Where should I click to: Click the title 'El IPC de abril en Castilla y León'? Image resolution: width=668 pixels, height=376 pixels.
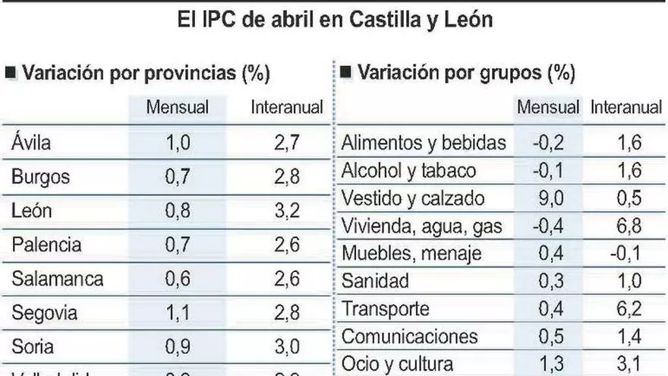click(x=334, y=19)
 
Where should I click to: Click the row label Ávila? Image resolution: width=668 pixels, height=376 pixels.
click(x=32, y=142)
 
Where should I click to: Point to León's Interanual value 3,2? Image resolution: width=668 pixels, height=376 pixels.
click(x=287, y=211)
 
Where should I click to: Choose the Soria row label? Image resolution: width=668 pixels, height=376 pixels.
click(x=33, y=347)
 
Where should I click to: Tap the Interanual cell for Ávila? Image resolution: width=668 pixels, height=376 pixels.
click(x=287, y=142)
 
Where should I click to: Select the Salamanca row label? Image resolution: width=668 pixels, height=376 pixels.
click(x=58, y=279)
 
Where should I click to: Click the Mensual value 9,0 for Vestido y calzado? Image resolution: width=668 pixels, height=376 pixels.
click(x=547, y=197)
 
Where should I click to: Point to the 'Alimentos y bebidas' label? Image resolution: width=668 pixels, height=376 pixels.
click(x=424, y=142)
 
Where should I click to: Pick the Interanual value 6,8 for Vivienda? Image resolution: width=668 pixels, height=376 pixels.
click(x=626, y=226)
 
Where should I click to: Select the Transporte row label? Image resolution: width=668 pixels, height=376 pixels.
click(x=386, y=309)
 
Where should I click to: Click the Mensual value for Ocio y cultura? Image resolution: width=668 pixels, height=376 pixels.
click(x=547, y=364)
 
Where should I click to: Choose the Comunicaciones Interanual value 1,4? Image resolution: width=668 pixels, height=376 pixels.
click(x=626, y=337)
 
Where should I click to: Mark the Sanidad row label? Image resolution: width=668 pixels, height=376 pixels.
click(x=376, y=281)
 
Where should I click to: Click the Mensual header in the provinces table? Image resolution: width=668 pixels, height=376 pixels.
click(x=177, y=108)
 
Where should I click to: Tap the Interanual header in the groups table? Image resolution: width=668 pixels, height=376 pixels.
click(x=626, y=108)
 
